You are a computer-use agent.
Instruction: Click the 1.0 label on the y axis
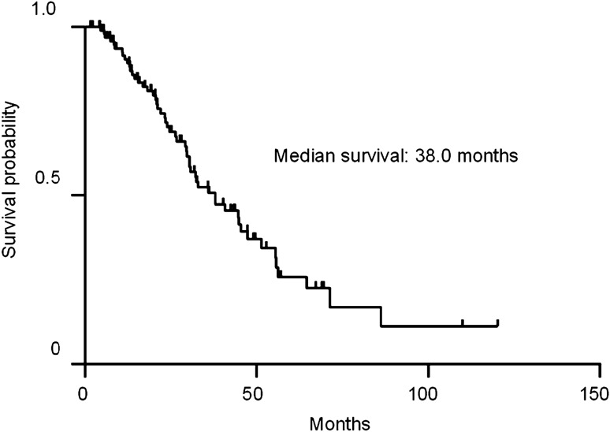point(46,9)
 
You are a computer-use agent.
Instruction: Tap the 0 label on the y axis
point(55,349)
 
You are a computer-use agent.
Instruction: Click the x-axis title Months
point(340,423)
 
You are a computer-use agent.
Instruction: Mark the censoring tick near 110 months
point(463,322)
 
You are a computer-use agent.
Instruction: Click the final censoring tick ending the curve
point(497,322)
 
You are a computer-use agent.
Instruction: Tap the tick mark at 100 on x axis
point(428,371)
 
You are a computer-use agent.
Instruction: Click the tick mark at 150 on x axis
point(601,371)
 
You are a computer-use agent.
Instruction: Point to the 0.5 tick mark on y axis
point(78,195)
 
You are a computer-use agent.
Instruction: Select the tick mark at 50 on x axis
point(256,371)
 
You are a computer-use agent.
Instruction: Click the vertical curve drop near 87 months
point(381,316)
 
